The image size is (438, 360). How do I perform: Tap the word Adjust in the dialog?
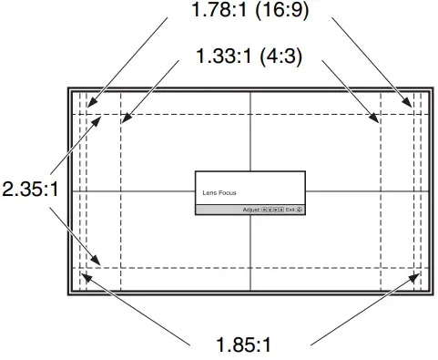pyautogui.click(x=251, y=210)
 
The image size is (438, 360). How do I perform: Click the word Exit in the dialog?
pyautogui.click(x=290, y=210)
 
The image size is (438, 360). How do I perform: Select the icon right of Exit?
pyautogui.click(x=299, y=210)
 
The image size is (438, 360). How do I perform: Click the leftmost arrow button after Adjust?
pyautogui.click(x=264, y=210)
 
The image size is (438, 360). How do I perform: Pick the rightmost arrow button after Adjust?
pyautogui.click(x=280, y=210)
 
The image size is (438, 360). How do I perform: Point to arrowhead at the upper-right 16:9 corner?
pyautogui.click(x=413, y=106)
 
